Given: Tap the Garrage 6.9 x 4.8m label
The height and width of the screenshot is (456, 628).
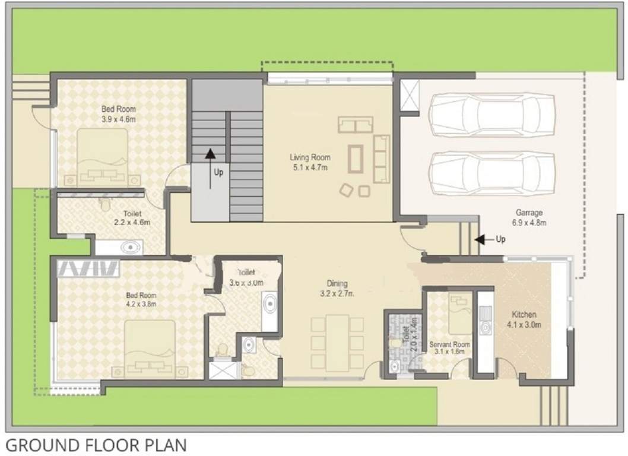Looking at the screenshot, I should point(528,217).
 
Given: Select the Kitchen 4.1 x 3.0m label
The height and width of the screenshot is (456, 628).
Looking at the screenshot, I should point(525,319).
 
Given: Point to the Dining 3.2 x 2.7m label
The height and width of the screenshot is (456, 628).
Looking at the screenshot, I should point(337,288).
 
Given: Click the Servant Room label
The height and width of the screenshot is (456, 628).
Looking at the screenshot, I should point(449,347).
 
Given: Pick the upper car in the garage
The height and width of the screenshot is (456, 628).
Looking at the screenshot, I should point(491,115).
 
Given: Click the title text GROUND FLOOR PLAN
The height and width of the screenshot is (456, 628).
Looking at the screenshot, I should point(95,445).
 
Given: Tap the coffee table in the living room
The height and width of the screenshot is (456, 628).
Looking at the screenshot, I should point(357,158).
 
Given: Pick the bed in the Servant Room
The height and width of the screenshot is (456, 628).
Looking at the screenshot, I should point(460,313).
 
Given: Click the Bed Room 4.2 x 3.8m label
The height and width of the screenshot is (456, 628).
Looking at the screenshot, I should point(141,299).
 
